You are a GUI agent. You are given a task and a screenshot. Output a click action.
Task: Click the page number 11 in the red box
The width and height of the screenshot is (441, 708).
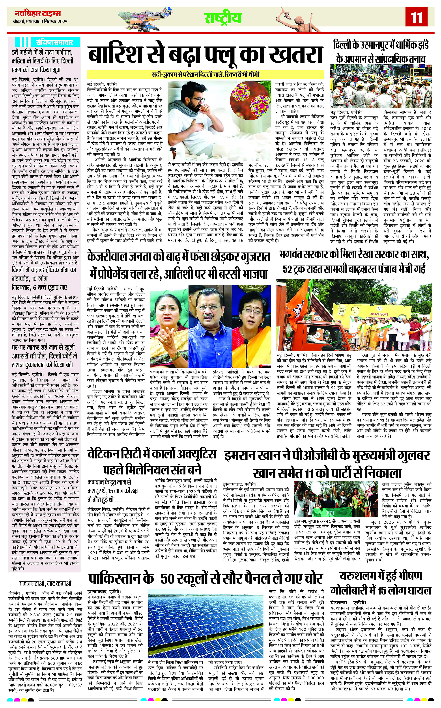417,17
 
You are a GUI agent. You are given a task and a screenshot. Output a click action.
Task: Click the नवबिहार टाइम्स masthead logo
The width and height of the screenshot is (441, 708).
38,13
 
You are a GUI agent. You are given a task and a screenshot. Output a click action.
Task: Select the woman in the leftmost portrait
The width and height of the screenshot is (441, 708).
169,318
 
